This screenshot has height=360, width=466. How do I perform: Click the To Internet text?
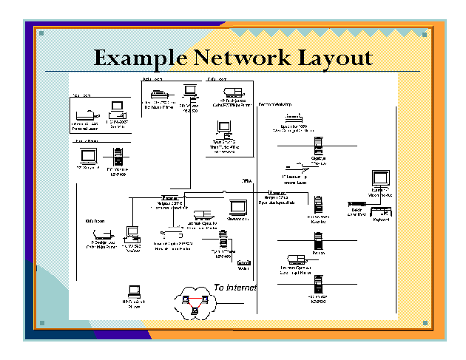234,287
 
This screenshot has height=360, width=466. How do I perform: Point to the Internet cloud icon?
195,299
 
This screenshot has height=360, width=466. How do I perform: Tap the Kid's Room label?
94,220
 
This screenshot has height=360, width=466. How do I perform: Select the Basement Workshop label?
274,105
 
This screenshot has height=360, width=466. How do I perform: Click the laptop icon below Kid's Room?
135,291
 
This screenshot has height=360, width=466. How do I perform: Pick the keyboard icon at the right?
383,213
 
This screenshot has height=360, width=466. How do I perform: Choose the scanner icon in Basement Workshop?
294,118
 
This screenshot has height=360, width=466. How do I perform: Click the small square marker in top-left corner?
42,33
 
